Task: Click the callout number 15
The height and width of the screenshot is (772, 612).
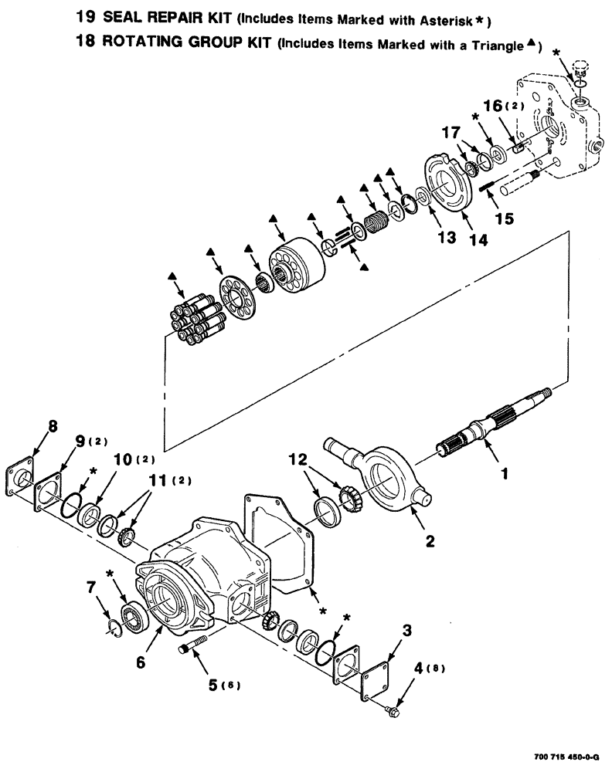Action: pos(503,218)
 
